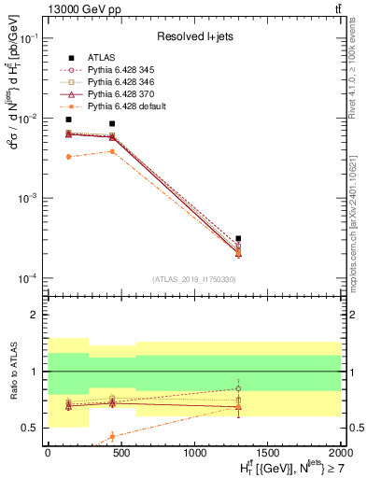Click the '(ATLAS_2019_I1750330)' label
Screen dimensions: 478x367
coord(193,279)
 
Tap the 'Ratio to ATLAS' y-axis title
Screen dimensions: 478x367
coord(11,373)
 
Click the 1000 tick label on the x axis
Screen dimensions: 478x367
coord(194,452)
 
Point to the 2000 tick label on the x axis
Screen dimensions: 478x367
coord(340,452)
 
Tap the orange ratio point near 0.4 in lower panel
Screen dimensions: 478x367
coord(112,436)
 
